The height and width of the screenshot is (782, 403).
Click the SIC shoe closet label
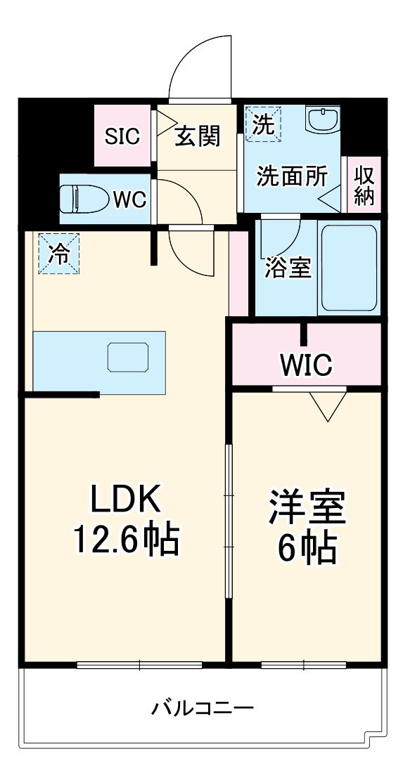122,136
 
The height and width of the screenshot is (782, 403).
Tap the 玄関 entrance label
198,136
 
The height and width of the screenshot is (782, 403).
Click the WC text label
129,200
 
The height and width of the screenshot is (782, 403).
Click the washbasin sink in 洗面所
324,119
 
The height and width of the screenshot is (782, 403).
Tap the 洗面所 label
291,176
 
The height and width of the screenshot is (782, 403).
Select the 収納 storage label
364,185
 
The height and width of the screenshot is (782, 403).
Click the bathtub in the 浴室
349,268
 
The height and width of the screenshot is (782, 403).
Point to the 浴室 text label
288,268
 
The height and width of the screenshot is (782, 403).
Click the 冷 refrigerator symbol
59,254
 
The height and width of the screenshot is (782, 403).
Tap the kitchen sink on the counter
128,357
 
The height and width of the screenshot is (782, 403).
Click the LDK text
125,501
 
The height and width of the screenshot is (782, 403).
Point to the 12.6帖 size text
127,540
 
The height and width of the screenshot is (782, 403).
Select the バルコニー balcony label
202,707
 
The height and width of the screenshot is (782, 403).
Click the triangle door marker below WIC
328,406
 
